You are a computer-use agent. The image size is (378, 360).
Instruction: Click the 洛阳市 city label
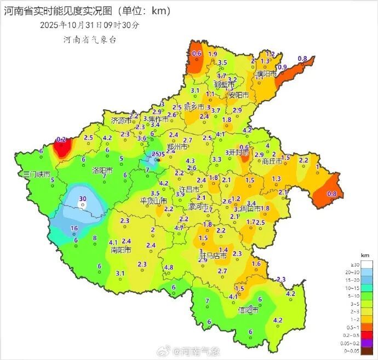(x=102, y=171)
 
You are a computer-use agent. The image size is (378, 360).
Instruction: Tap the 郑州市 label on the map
(x=177, y=147)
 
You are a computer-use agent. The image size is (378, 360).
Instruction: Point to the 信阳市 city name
(x=248, y=310)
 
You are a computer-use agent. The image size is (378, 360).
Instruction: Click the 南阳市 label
(x=121, y=250)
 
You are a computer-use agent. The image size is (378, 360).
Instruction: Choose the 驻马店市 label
(x=212, y=255)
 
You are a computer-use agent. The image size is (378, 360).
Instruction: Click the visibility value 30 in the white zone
(x=83, y=199)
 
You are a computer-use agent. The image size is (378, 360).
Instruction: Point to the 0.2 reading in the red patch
(x=61, y=140)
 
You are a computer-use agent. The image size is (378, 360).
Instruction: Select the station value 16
(x=74, y=228)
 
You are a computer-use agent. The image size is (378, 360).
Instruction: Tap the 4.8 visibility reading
(x=169, y=267)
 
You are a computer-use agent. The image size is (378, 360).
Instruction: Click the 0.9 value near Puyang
(x=283, y=67)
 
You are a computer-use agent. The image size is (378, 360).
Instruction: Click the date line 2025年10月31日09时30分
(x=90, y=25)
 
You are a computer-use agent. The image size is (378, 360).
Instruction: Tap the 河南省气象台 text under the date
(x=90, y=40)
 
